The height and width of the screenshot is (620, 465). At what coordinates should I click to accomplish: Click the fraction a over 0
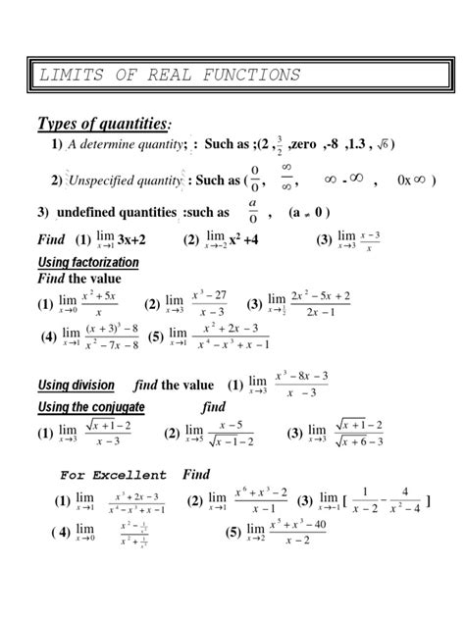[253, 211]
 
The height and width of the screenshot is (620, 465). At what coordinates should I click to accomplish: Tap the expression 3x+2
[131, 240]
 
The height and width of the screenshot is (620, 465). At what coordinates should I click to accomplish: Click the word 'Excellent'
[132, 475]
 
